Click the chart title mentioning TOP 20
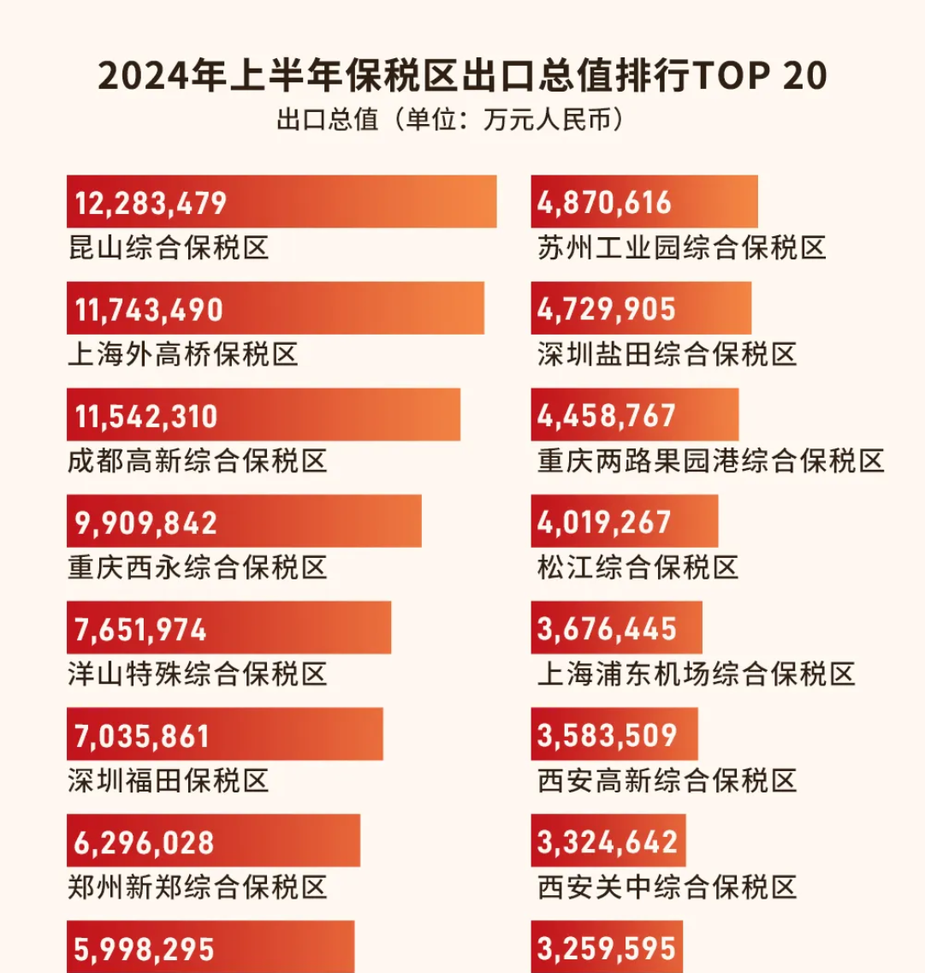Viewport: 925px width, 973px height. (462, 77)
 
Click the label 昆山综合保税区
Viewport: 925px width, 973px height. (169, 248)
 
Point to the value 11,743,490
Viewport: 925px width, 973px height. (150, 309)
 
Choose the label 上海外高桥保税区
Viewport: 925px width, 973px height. (183, 354)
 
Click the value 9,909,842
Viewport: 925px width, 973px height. (146, 522)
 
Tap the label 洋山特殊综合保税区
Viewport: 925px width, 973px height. (198, 674)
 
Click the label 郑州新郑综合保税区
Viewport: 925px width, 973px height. (198, 887)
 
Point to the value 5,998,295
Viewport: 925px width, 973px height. (145, 949)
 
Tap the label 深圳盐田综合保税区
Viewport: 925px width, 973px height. (667, 354)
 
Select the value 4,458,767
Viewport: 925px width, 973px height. (607, 415)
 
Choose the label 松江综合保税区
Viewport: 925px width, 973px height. (638, 567)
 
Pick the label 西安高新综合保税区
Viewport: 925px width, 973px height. (667, 780)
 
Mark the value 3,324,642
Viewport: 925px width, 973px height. (608, 841)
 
